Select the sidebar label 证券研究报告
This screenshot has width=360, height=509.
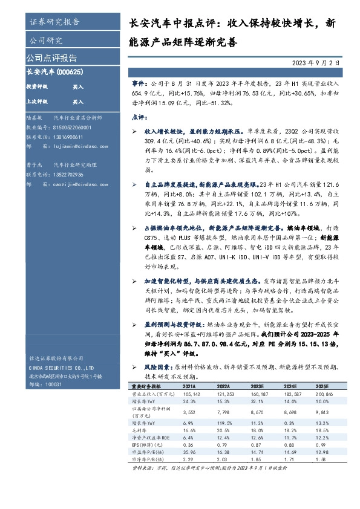pyautogui.click(x=54, y=22)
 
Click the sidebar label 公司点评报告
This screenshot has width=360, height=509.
pyautogui.click(x=51, y=58)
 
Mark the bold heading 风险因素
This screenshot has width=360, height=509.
pyautogui.click(x=159, y=368)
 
